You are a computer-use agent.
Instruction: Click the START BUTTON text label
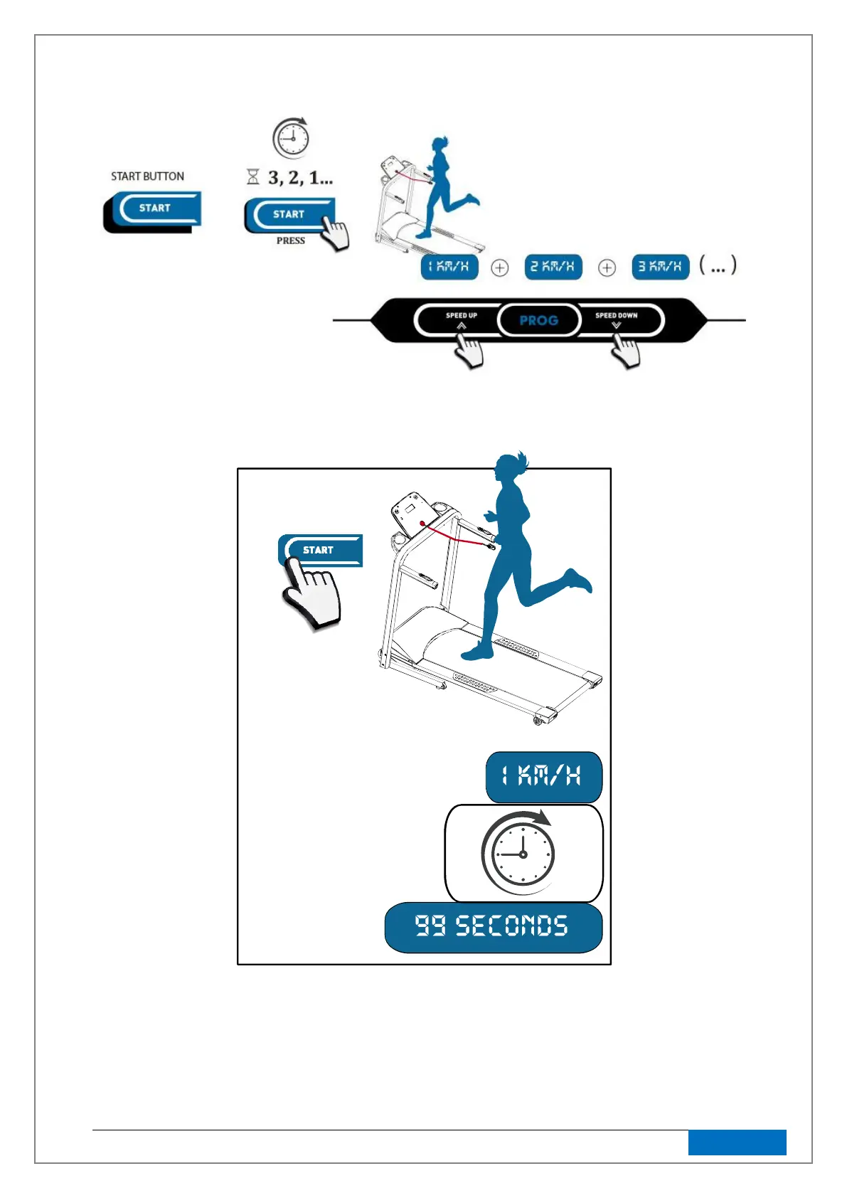(x=147, y=176)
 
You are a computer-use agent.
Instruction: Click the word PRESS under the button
(x=290, y=241)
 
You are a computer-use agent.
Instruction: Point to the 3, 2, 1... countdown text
(x=300, y=178)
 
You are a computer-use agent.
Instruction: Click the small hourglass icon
(x=253, y=176)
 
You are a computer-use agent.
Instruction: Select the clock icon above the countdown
(x=292, y=138)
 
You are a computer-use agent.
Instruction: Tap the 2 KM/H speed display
(x=553, y=267)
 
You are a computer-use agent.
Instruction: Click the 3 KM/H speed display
(x=661, y=267)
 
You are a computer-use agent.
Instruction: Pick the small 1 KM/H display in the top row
(x=449, y=267)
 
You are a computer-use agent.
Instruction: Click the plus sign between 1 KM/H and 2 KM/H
(x=500, y=268)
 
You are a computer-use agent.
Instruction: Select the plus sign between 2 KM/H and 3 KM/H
(x=607, y=268)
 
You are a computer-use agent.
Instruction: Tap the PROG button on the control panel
(x=538, y=320)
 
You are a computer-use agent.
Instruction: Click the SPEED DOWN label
(x=616, y=315)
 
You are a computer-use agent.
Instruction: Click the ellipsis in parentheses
(x=718, y=266)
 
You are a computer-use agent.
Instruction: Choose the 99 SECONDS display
(x=493, y=927)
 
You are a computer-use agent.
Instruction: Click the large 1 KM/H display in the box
(x=543, y=776)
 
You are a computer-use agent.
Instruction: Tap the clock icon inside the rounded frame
(x=521, y=853)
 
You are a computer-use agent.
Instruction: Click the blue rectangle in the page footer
(x=737, y=1143)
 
